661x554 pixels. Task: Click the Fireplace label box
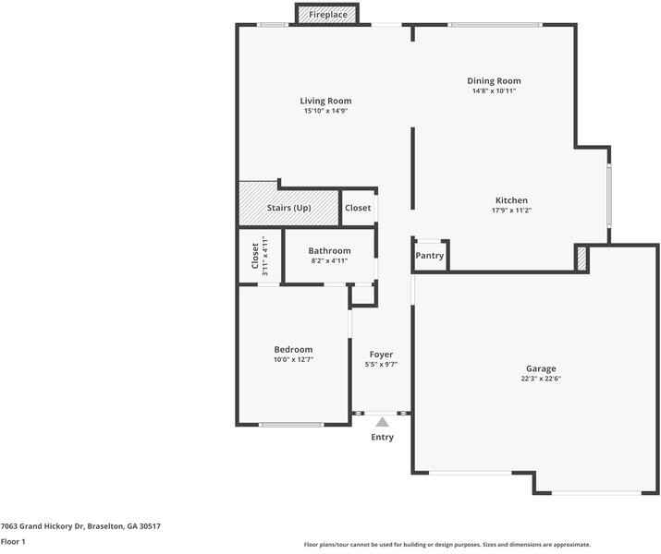(x=328, y=15)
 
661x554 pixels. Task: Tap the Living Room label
(x=325, y=101)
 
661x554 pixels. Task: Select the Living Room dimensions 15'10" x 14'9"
(x=325, y=111)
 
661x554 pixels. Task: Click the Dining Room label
(x=494, y=81)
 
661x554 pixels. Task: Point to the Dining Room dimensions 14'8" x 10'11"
(x=494, y=91)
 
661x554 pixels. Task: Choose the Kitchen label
(x=511, y=200)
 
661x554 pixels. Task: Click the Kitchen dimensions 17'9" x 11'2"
(x=511, y=211)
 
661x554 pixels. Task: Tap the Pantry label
(x=430, y=256)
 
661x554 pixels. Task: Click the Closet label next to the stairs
(x=358, y=208)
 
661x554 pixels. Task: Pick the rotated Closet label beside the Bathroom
(x=256, y=257)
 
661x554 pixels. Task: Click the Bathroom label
(x=329, y=250)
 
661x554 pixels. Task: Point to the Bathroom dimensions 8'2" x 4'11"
(x=329, y=261)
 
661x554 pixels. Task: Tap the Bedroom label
(x=293, y=349)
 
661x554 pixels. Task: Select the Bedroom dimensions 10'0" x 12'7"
(x=293, y=359)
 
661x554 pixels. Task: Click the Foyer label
(x=381, y=355)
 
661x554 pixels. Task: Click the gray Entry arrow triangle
(x=382, y=422)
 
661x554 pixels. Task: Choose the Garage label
(x=542, y=368)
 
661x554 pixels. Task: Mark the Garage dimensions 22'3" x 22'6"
(x=542, y=379)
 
